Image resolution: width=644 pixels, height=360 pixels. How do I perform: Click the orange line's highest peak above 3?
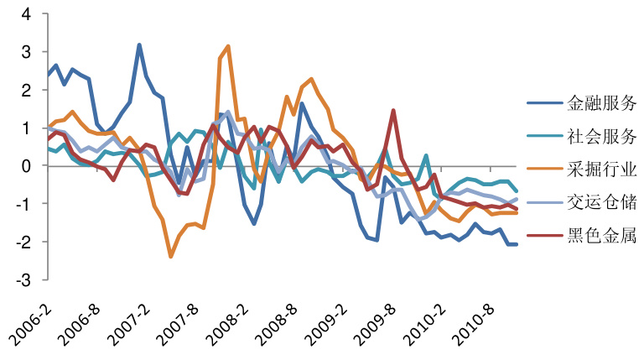[228, 46]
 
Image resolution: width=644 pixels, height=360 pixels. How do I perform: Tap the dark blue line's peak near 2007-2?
[139, 44]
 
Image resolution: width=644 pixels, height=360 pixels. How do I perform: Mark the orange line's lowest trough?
[171, 256]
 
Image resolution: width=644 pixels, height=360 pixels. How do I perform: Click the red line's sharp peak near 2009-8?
[393, 110]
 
